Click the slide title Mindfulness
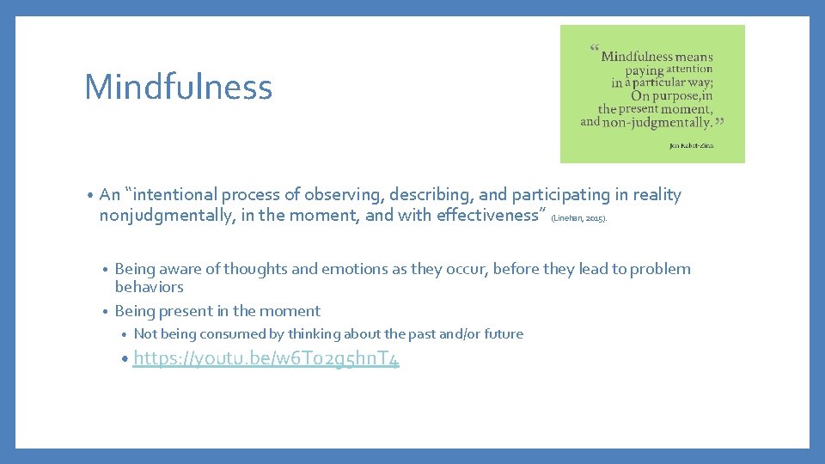point(178,88)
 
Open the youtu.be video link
point(266,358)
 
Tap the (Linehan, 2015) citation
point(584,219)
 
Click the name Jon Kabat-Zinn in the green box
point(691,146)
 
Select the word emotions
point(356,269)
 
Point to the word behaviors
point(149,287)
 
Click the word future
point(502,333)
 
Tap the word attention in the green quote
point(690,69)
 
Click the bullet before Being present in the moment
point(104,311)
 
